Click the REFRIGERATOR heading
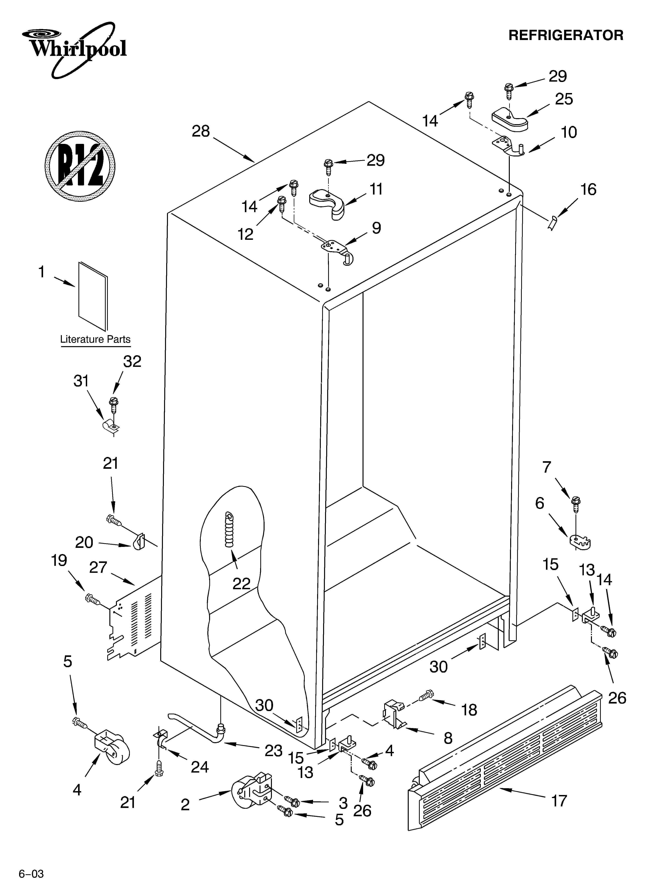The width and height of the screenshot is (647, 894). (566, 35)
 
